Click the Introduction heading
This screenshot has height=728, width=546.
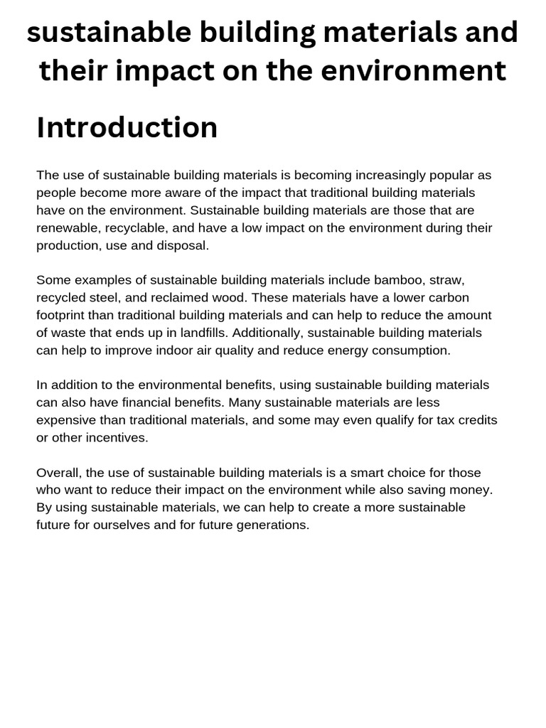tap(127, 128)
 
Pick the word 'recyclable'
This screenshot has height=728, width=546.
tap(146, 228)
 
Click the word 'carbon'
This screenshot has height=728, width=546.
tap(449, 298)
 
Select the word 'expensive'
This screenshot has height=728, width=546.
tap(68, 420)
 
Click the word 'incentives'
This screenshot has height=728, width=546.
tap(113, 438)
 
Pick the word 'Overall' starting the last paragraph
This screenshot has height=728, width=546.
tap(59, 473)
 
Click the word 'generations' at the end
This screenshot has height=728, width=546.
tap(273, 525)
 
